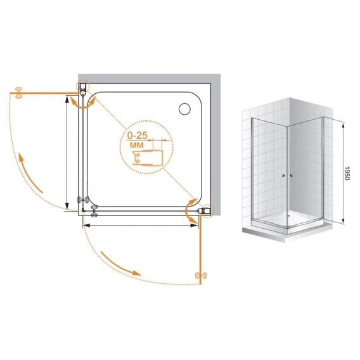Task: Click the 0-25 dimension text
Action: click(x=138, y=136)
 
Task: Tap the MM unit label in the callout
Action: click(x=137, y=145)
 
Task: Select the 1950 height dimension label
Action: click(x=347, y=173)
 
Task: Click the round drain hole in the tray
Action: click(x=184, y=109)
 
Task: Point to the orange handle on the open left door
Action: click(x=18, y=93)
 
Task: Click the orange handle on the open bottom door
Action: click(x=201, y=275)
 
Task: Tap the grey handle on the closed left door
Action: click(x=82, y=200)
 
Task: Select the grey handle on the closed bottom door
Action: click(x=94, y=211)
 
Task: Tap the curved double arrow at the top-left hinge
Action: click(x=82, y=104)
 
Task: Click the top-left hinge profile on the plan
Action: click(x=83, y=89)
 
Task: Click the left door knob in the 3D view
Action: click(x=283, y=176)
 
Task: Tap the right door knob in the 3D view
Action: click(x=292, y=176)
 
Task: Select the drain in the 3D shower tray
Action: click(x=287, y=215)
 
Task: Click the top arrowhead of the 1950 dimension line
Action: click(x=343, y=125)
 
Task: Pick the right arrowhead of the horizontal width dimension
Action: click(x=195, y=226)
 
